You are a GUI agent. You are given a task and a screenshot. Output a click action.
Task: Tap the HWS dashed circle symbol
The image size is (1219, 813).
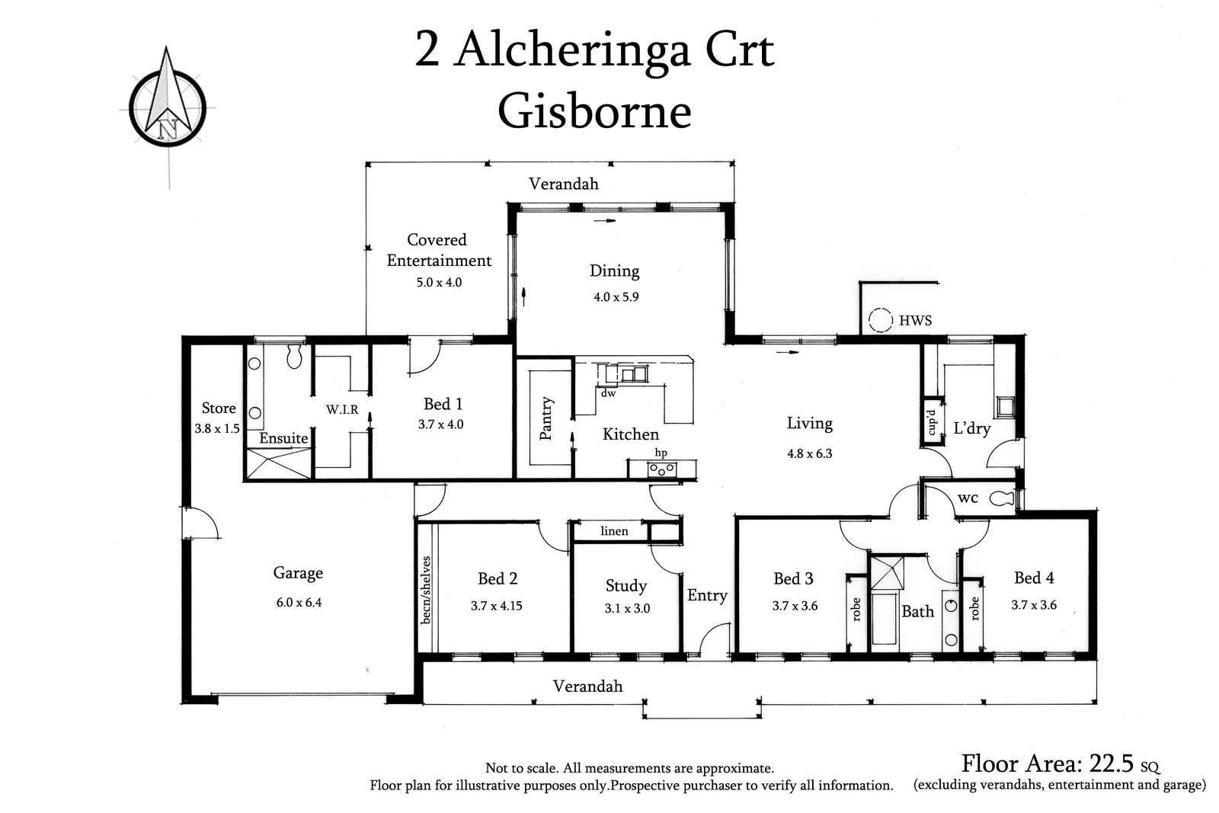tap(881, 320)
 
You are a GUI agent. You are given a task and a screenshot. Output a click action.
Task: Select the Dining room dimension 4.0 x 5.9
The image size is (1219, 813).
tap(616, 297)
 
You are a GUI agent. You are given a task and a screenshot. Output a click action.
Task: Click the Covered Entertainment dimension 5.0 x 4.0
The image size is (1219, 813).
tap(439, 282)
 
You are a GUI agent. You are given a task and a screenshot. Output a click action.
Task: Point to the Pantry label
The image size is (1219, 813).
tap(546, 418)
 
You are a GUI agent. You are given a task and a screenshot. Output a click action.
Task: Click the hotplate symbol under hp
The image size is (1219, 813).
tap(661, 469)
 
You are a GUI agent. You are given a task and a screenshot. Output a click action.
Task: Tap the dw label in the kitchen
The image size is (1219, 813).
tap(608, 394)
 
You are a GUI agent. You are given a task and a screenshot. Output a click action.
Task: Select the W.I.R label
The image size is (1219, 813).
tap(342, 410)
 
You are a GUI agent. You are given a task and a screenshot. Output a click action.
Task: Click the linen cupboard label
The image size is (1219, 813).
tap(614, 531)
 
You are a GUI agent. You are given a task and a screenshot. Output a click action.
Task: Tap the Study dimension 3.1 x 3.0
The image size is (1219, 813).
tap(627, 608)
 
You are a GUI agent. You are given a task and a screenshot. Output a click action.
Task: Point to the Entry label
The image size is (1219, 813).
tap(707, 595)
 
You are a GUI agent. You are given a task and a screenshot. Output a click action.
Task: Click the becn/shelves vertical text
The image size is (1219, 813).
tap(426, 590)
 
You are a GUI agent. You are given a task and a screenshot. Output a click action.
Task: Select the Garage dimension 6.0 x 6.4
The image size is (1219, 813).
tap(299, 602)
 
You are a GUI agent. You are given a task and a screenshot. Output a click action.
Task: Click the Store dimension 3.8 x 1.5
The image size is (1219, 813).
tap(217, 428)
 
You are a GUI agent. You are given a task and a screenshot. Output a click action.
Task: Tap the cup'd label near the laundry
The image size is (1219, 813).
tap(931, 422)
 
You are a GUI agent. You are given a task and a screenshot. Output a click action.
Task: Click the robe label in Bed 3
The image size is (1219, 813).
tap(856, 609)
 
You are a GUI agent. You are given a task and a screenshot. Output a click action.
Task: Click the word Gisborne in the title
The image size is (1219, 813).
tap(594, 111)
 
